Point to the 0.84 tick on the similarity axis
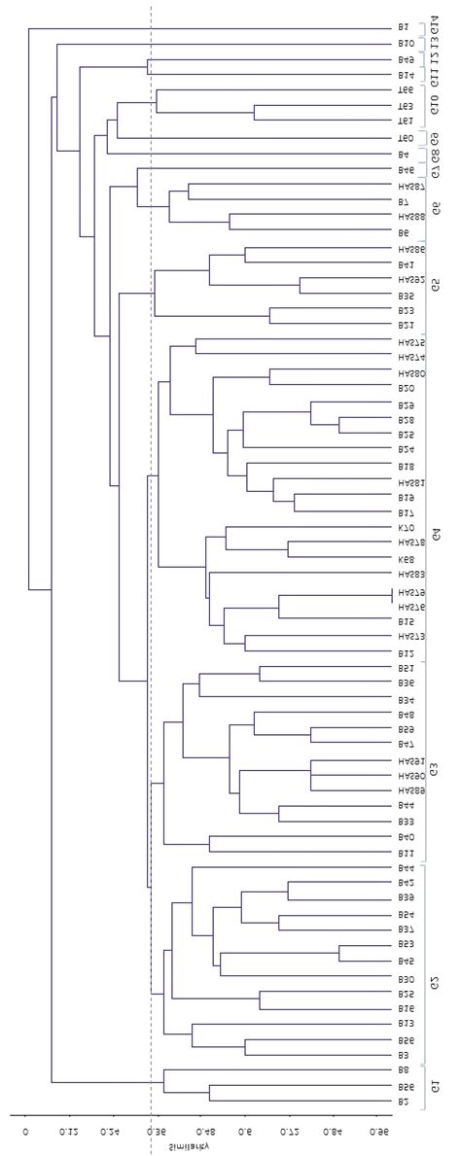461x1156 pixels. click(x=334, y=1133)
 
